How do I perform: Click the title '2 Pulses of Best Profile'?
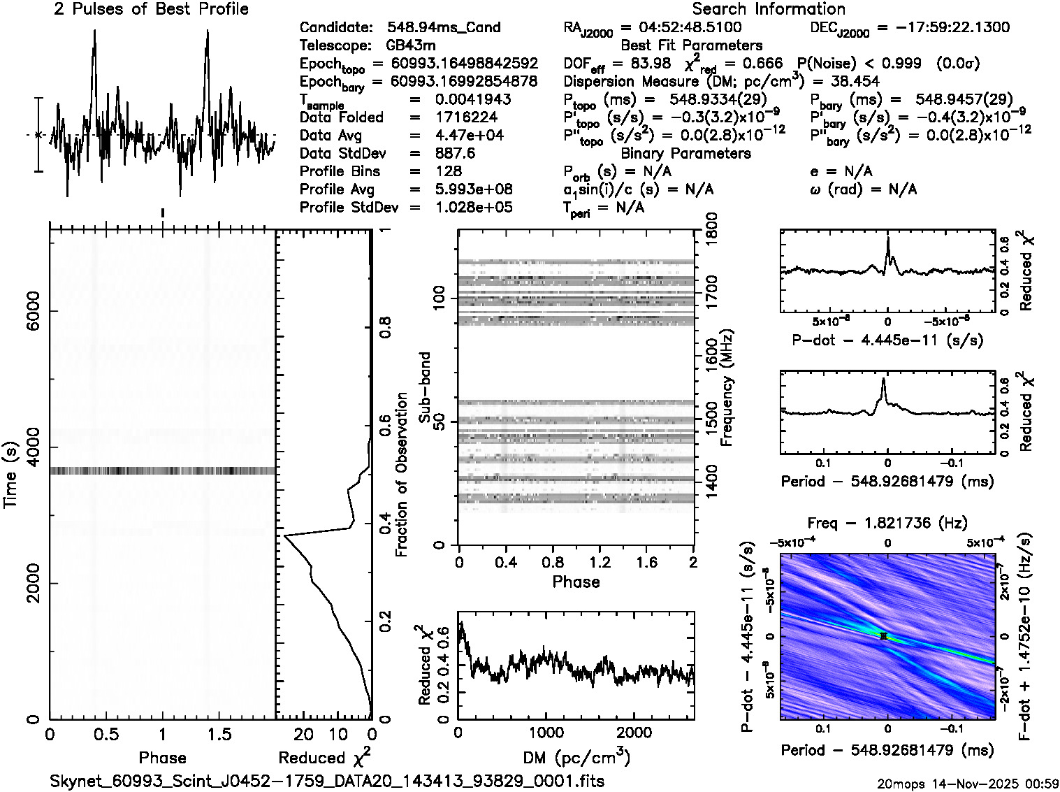click(151, 9)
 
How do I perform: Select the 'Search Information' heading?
click(769, 9)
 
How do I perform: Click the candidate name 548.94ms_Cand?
click(444, 28)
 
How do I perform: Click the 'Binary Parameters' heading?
click(685, 154)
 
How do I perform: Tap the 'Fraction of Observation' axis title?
click(401, 475)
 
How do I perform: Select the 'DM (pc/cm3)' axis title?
click(576, 758)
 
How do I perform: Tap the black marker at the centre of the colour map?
click(884, 636)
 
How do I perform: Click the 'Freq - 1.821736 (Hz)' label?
click(887, 523)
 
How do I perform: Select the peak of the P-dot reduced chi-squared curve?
click(887, 240)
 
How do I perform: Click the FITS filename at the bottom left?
click(327, 781)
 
